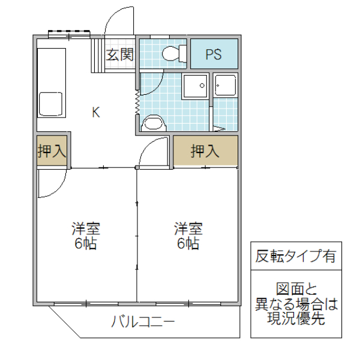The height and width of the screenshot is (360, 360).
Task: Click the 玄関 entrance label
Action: coord(120,55)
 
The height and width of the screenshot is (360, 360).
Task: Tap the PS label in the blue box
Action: coord(214,55)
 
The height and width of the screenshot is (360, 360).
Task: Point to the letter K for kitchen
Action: coord(95,112)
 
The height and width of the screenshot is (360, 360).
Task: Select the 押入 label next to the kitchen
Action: coord(52,151)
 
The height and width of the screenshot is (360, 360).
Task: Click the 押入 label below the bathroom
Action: coord(205,151)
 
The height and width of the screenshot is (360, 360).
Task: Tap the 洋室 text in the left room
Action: coord(86,229)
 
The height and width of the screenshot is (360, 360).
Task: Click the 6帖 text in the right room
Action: coord(188,244)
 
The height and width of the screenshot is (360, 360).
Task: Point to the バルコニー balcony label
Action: coord(143,322)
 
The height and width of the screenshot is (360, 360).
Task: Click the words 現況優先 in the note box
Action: coord(295,319)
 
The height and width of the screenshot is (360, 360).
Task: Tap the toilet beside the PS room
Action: coord(173,54)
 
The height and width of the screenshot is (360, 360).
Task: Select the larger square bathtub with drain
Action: coord(196,88)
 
